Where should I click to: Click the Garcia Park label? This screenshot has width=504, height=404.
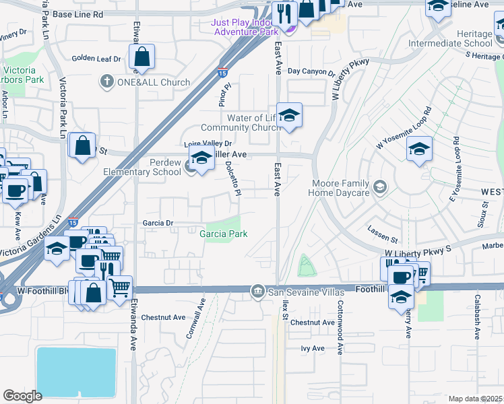223,234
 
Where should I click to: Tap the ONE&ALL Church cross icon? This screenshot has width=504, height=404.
106,82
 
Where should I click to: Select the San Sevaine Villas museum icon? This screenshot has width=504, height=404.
257,292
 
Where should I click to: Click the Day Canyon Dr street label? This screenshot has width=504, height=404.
311,71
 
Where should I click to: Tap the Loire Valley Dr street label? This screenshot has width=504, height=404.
208,143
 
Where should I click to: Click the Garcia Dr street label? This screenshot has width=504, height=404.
158,222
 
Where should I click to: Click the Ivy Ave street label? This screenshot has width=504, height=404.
313,348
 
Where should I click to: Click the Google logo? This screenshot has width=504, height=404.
22,395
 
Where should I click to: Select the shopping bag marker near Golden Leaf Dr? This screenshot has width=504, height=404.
141,57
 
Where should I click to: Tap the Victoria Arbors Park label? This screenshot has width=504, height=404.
24,75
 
